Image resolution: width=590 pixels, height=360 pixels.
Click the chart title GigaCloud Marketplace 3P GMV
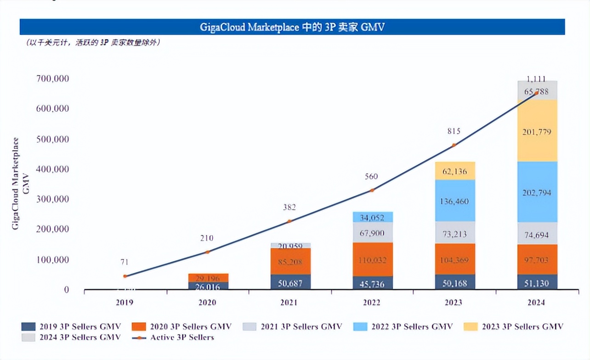(x=292, y=27)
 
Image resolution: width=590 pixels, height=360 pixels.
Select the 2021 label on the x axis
(x=289, y=303)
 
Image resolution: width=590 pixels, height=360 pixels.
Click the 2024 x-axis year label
(x=536, y=303)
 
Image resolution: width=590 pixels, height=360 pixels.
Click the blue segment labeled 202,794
(x=537, y=192)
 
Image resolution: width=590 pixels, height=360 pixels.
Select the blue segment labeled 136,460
(x=454, y=201)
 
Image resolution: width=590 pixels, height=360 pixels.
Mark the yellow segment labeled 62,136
(x=454, y=171)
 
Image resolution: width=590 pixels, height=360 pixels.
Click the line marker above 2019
(x=125, y=276)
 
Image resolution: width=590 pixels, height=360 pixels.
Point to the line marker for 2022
(x=372, y=190)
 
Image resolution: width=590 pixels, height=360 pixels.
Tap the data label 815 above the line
(x=454, y=131)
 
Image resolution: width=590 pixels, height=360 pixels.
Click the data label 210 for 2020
(x=207, y=238)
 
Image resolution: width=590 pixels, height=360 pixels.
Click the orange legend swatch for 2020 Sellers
(x=139, y=326)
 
